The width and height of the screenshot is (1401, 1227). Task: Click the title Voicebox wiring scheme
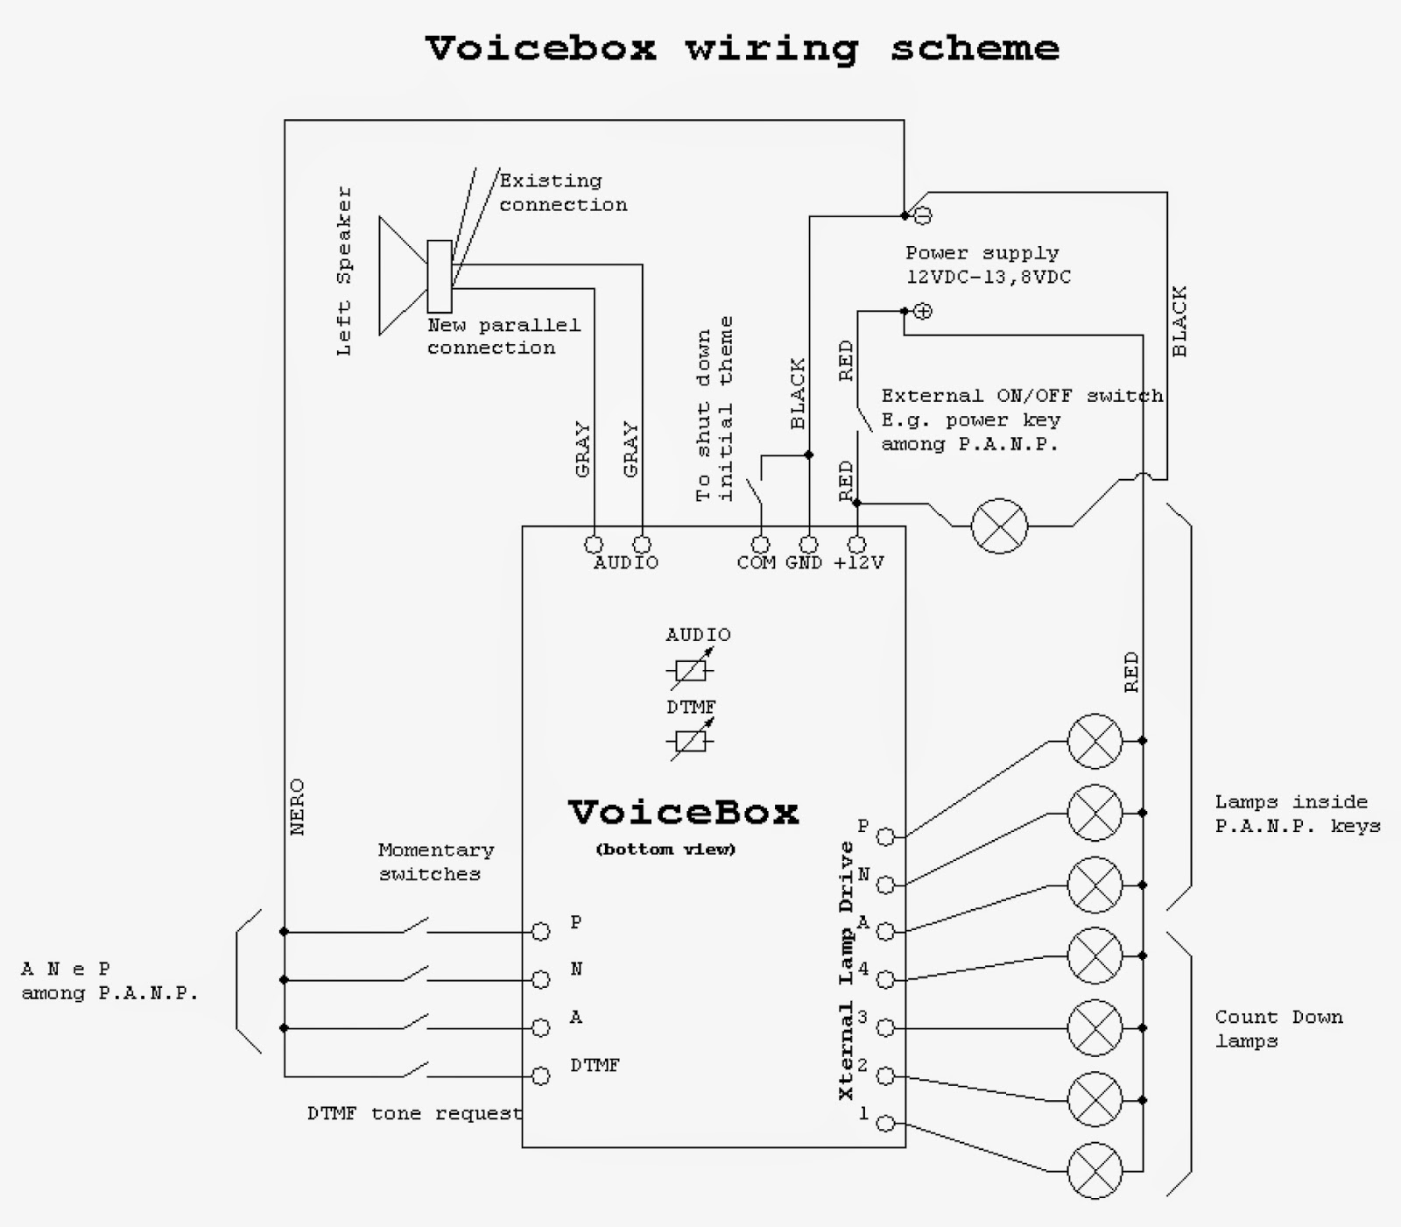pos(743,49)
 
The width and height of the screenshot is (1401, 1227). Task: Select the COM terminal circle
pos(761,545)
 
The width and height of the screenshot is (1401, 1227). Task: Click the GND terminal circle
pos(809,545)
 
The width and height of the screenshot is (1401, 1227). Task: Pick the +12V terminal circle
pos(857,545)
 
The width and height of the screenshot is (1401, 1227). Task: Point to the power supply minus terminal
pos(923,215)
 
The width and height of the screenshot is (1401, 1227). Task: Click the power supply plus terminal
pos(923,311)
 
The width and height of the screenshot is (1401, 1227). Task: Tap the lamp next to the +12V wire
pos(1000,526)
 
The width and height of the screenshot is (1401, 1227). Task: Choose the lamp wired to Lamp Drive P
pos(1095,741)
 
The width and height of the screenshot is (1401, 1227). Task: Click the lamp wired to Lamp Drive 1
pos(1095,1171)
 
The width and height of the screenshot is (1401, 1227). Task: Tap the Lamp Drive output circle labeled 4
pos(886,979)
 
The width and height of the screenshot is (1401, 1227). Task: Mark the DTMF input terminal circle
pos(541,1075)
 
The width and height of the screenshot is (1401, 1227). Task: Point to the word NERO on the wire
pos(298,807)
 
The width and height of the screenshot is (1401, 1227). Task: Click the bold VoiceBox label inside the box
pos(684,813)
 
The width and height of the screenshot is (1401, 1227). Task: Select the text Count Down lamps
pos(1278,1029)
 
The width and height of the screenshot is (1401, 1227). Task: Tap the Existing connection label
pos(563,193)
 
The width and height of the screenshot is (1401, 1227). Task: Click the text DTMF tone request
pos(414,1114)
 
